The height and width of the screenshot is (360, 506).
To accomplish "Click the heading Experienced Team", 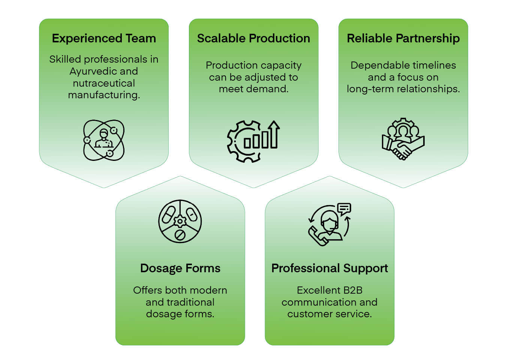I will (104, 38).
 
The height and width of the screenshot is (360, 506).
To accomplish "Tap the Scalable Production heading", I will (253, 38).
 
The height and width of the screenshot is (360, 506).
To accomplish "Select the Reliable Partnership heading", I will (403, 38).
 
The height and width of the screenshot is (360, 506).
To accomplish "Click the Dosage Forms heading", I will (180, 268).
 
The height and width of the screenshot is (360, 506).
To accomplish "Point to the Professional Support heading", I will (329, 268).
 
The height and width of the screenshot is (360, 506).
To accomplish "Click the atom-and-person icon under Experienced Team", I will (104, 140).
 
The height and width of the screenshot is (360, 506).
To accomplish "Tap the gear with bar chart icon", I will (253, 141).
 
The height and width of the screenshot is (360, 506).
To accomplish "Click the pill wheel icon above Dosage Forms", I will (180, 221).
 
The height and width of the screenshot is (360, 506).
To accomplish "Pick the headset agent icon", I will (329, 224).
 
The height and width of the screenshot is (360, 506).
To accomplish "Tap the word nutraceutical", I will (104, 83).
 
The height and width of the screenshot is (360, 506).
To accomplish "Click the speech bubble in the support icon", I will (344, 208).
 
